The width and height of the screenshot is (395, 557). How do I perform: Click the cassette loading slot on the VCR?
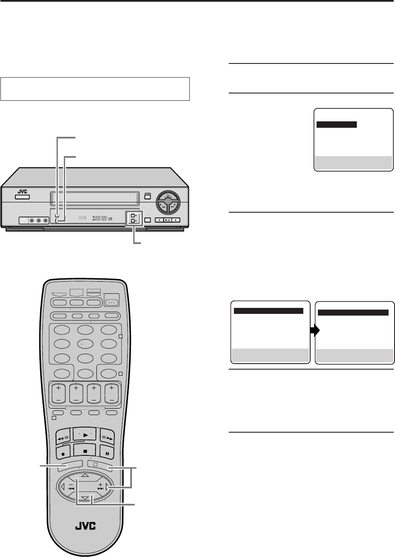point(94,198)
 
